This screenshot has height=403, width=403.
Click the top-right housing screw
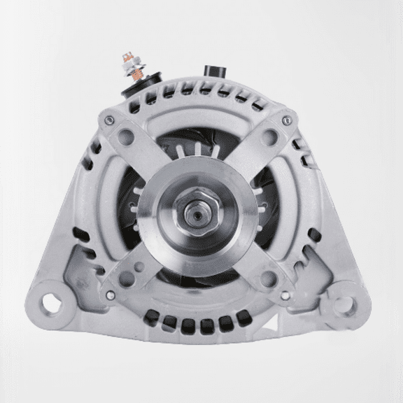coord(285,122)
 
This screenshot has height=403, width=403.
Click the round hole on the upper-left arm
coord(129,135)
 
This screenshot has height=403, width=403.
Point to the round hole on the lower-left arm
coord(129,279)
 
